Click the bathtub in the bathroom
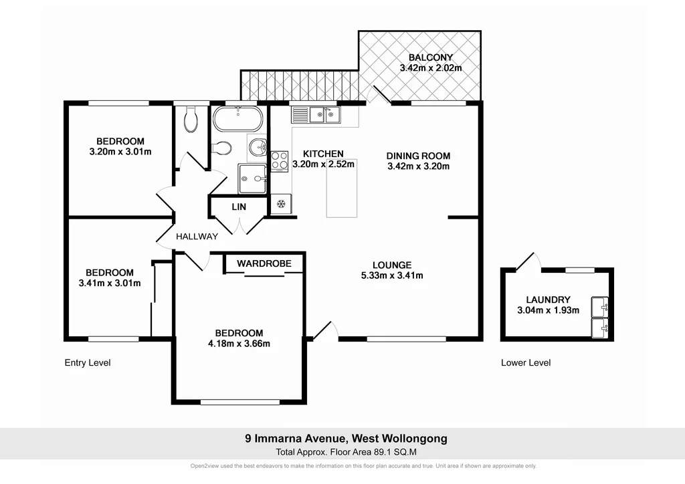click(237, 120)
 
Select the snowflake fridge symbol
click(282, 203)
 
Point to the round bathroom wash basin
click(258, 147)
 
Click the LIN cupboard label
click(239, 207)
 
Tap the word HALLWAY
click(197, 237)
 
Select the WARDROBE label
click(264, 263)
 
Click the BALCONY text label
click(431, 57)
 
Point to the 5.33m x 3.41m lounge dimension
click(392, 275)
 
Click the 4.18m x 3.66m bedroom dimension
click(238, 344)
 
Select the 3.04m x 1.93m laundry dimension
click(548, 310)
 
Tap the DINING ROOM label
click(418, 156)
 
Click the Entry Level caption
click(87, 363)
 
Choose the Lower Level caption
click(526, 363)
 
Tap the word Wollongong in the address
click(414, 439)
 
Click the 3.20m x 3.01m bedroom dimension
click(120, 152)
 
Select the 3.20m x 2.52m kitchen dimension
click(323, 164)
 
